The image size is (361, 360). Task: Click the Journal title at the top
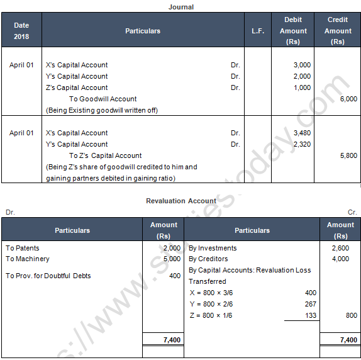point(181,7)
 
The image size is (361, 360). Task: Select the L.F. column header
point(258,31)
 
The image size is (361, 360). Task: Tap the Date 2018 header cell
point(21,31)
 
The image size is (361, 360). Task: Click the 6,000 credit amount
point(347,99)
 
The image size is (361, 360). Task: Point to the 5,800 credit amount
point(347,155)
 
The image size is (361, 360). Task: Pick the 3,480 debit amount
point(302,133)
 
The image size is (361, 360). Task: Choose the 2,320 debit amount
point(302,144)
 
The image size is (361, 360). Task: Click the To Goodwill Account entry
point(103,99)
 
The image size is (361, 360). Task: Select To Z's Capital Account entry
point(105,155)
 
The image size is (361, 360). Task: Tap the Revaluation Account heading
point(181,201)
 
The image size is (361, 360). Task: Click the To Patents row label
point(23,248)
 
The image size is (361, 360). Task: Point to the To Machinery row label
point(27,259)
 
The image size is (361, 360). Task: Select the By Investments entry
point(213,248)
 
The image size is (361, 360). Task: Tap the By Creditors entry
point(208,259)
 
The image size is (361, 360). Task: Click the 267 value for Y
point(310,304)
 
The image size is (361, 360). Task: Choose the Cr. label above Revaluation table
point(352,212)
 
